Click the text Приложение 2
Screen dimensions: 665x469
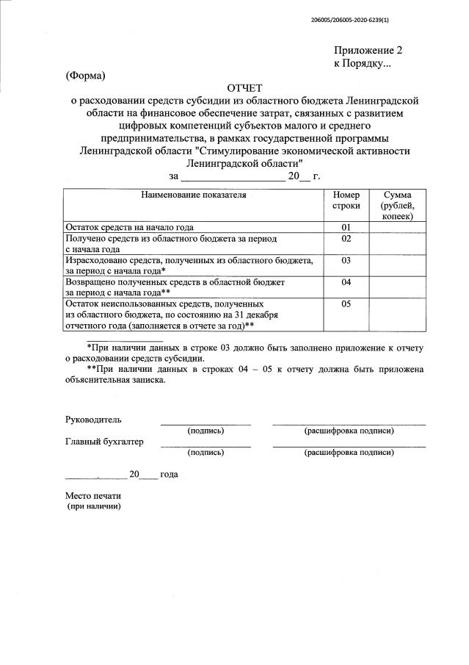(368, 51)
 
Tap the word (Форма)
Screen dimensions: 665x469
(86, 76)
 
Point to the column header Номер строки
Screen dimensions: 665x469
(346, 201)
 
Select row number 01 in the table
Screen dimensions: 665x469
(346, 227)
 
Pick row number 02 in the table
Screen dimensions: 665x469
(346, 239)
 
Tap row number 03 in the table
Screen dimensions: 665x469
(346, 260)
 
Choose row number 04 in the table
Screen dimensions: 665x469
(346, 281)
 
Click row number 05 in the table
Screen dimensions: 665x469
(346, 303)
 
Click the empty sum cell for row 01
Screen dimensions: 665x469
(396, 227)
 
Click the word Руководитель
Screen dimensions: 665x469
(93, 420)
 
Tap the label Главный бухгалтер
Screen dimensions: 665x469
(104, 442)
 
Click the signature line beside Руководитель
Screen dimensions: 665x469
(206, 424)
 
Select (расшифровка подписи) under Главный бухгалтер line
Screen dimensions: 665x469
(349, 453)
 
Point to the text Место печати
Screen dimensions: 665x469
(93, 496)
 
